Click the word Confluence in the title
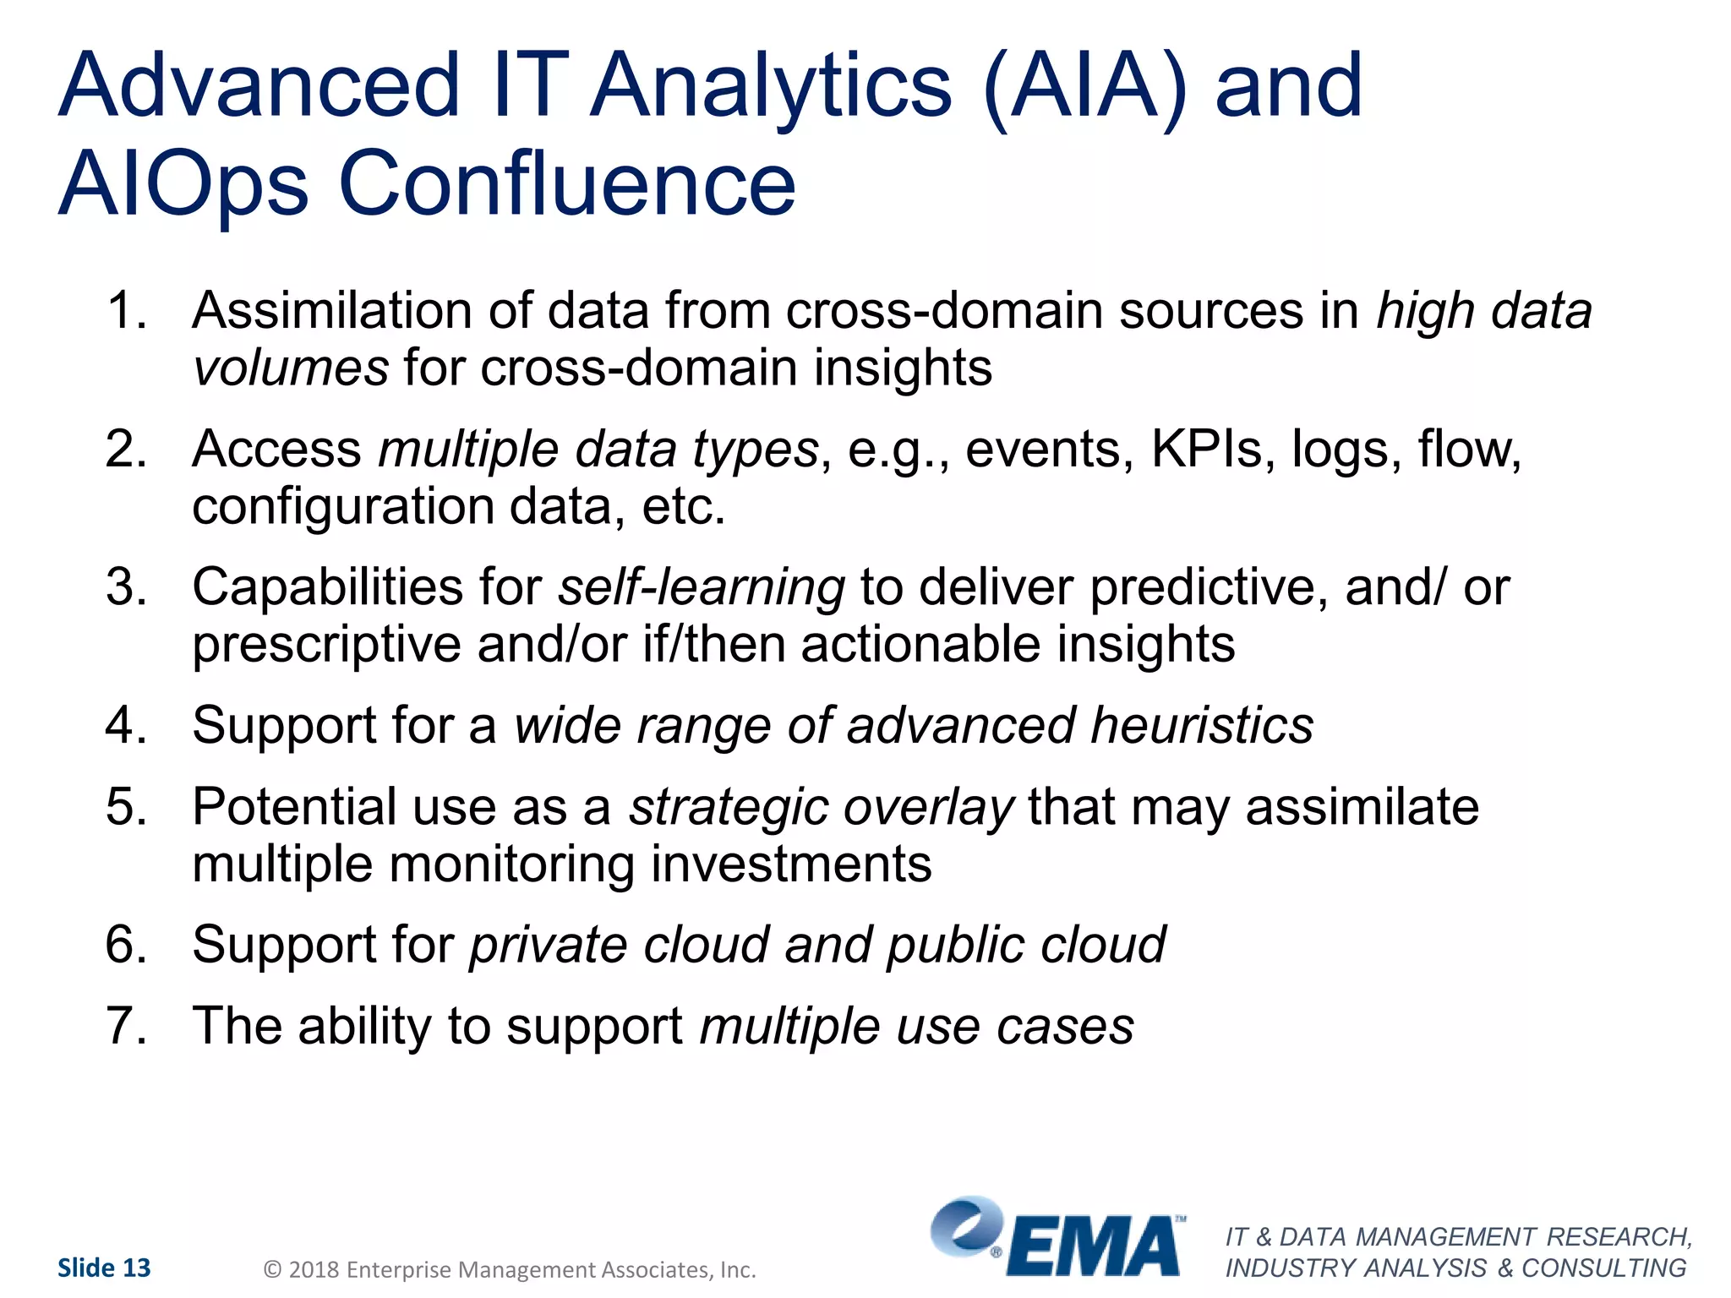pos(567,183)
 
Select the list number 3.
pos(126,586)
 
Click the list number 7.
pos(126,1026)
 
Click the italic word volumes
pos(291,368)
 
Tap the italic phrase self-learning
pos(701,586)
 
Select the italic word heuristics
pos(1201,725)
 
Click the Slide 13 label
pos(104,1268)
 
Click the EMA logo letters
pos(1094,1246)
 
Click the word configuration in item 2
pos(342,506)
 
